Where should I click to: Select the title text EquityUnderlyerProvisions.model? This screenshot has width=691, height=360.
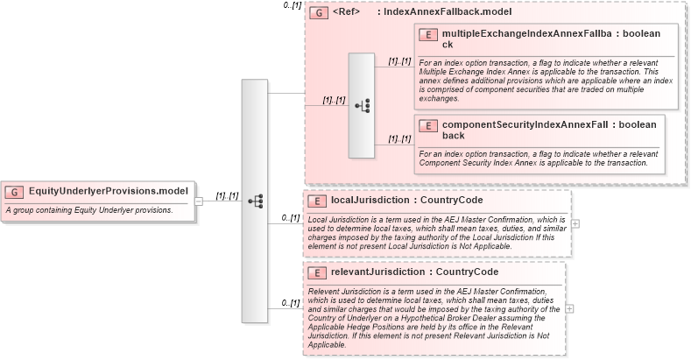coord(109,191)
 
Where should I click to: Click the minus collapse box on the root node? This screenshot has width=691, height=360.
coord(199,201)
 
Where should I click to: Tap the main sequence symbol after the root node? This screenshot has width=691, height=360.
coord(255,201)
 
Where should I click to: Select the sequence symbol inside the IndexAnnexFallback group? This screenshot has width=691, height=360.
coord(362,105)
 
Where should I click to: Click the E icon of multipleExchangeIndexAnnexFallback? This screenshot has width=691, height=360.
coord(429,34)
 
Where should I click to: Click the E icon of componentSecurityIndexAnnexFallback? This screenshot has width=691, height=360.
coord(429,125)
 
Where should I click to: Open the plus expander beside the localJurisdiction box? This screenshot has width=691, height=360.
coord(575,222)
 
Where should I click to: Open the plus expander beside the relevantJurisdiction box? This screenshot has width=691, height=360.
coord(570,308)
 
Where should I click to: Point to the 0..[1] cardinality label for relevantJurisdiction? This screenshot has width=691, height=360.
coord(290,302)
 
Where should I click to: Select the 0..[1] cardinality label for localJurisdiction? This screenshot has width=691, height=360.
coord(290,217)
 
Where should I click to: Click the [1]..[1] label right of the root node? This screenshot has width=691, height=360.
coord(227,195)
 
